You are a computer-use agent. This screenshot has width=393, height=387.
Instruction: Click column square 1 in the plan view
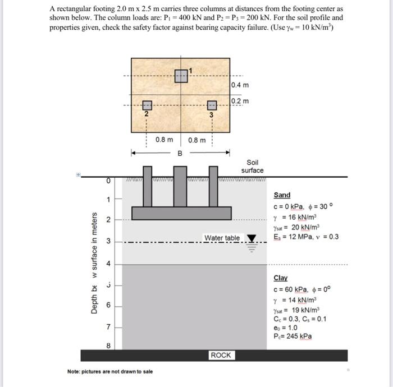(x=181, y=76)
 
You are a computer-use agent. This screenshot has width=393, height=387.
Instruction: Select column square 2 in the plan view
(x=147, y=105)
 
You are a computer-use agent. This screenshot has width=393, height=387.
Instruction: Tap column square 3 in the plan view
(x=212, y=105)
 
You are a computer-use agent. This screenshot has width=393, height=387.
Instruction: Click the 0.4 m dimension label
(x=240, y=85)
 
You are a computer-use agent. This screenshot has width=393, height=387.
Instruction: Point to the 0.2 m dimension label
(x=240, y=101)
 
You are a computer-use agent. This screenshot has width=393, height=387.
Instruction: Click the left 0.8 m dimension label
(x=164, y=139)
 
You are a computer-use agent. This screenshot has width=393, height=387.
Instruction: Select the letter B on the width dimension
(x=180, y=153)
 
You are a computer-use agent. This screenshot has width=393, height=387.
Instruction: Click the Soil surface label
(x=252, y=166)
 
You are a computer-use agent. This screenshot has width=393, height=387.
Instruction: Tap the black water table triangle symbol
(x=251, y=239)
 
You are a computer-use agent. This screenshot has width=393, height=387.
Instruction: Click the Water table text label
(x=222, y=238)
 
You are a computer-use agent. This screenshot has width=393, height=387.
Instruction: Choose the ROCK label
(x=221, y=355)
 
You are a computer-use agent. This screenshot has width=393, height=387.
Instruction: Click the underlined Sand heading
(x=282, y=195)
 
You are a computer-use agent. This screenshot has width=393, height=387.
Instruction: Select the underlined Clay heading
(x=280, y=278)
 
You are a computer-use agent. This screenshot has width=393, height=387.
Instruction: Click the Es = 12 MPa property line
(x=306, y=236)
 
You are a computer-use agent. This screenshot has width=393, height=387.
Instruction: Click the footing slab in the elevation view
(x=181, y=213)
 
